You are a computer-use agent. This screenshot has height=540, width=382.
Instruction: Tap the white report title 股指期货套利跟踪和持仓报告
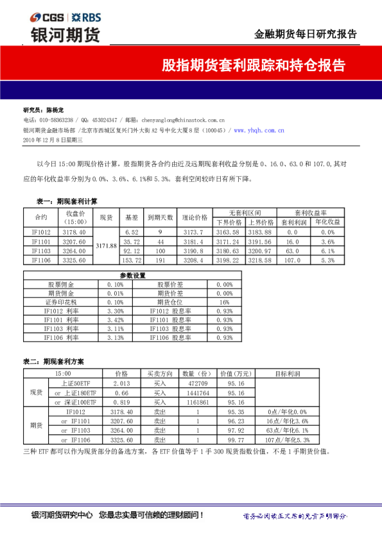[253, 66]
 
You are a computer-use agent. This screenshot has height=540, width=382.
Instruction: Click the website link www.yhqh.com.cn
[259, 130]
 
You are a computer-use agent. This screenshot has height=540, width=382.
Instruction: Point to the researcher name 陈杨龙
[55, 110]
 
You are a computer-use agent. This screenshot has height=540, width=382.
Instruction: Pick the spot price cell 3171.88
[105, 246]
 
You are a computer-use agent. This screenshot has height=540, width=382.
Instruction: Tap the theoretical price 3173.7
[191, 232]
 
